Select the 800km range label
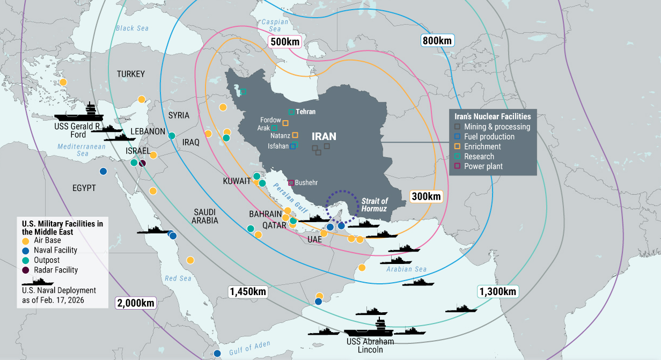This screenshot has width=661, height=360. pos(437,40)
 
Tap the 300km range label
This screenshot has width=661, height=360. pos(427,196)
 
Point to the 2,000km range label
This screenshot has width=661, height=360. pos(136,303)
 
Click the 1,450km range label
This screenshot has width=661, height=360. pos(247,292)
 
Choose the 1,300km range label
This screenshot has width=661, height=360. pos(497,291)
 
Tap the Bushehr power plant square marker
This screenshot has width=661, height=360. pos(291,182)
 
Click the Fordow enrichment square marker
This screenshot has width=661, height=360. pos(285,123)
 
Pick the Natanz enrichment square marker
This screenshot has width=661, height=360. pos(295,136)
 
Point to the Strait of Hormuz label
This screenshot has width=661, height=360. pos(374,204)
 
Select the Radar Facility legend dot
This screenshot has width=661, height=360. pos(26,270)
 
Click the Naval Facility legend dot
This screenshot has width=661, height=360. pos(26,250)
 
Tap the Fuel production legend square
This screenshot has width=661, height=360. pos(457,137)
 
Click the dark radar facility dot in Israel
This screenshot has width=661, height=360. pos(142,163)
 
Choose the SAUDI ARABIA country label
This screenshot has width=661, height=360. pos(205,216)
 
